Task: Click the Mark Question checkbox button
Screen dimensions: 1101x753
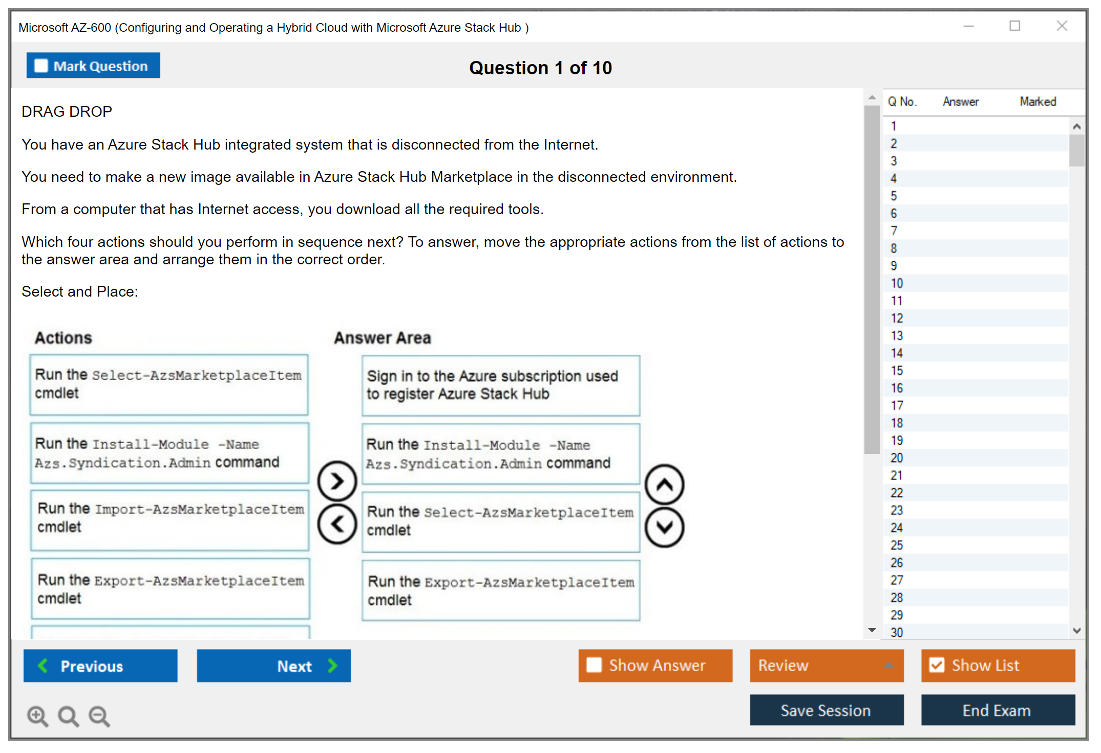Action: point(93,66)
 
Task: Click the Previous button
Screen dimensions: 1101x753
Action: point(100,665)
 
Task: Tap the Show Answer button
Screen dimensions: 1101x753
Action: point(655,665)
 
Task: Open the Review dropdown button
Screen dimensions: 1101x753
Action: point(827,665)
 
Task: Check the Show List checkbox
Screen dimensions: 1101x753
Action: point(998,665)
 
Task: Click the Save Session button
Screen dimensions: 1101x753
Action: point(827,710)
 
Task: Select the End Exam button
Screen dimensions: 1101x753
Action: point(998,710)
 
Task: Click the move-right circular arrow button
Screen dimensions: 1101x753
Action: point(337,481)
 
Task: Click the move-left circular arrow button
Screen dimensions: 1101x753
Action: point(337,524)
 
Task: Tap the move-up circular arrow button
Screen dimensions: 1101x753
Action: point(665,485)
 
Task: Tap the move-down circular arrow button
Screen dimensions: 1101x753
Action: point(665,527)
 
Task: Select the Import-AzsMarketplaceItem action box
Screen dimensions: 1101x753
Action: point(170,520)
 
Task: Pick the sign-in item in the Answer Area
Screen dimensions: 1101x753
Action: point(501,385)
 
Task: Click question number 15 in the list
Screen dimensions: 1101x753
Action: point(897,370)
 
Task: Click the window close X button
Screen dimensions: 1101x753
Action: point(1062,26)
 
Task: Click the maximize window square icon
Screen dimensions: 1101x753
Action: point(1015,26)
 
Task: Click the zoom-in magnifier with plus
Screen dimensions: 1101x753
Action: point(37,716)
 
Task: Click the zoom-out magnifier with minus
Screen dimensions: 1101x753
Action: point(99,716)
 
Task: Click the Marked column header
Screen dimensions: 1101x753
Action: point(1038,101)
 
